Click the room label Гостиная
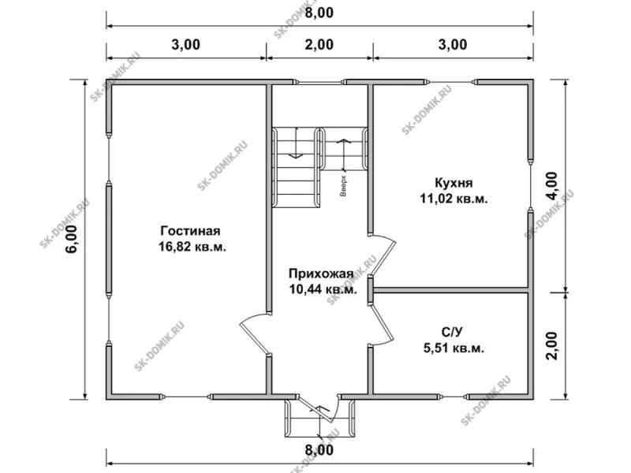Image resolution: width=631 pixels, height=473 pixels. pos(190,231)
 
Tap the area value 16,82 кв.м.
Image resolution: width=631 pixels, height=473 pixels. pos(192,247)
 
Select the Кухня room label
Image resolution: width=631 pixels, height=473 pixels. pos(454,183)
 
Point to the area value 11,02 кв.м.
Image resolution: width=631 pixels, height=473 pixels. pos(454,199)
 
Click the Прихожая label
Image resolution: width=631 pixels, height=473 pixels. pos(321,274)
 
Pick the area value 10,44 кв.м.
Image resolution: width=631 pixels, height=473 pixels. pos(323,289)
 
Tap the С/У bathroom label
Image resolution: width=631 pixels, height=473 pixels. pos(452,332)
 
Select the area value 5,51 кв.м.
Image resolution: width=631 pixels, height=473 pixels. pos(454,348)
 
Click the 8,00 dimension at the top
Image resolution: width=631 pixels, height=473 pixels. pos(319,13)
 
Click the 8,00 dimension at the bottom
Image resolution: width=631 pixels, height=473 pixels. pos(319,449)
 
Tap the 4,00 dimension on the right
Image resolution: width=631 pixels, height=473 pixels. pos(552,186)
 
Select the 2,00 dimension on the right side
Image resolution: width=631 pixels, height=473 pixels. pos(552,346)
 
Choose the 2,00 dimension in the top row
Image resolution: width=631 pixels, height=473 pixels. pos(319,44)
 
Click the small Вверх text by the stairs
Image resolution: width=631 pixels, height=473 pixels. pos(343,186)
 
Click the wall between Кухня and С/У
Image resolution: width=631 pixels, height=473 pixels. pos(450,290)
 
